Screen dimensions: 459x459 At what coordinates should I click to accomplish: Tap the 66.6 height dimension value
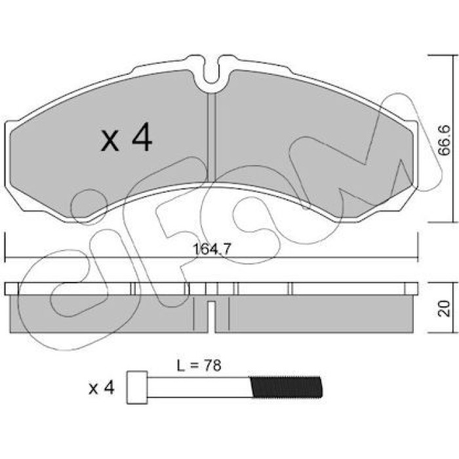(444, 140)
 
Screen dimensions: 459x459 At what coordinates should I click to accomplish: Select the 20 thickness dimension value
(444, 308)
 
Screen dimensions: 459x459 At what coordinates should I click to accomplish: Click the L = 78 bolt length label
(199, 365)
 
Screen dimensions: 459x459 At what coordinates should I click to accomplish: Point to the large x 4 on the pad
(127, 138)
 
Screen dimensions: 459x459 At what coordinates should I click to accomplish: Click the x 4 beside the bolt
(101, 388)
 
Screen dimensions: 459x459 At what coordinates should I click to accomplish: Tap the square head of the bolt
(137, 388)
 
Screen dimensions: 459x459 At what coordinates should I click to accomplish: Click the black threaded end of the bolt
(287, 387)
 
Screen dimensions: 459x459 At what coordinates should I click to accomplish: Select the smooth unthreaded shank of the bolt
(199, 388)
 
